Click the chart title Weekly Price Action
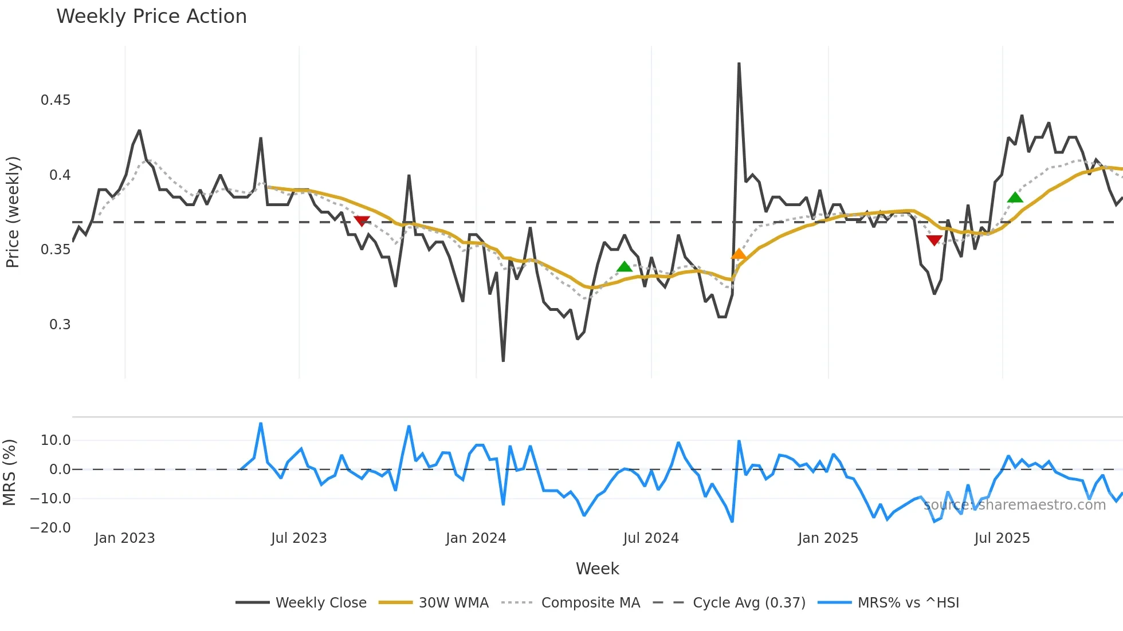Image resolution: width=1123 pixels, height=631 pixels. click(x=151, y=17)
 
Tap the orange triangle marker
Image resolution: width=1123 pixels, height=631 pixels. click(x=739, y=254)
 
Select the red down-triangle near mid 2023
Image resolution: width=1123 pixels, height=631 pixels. click(x=362, y=220)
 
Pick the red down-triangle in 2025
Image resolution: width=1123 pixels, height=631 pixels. click(x=934, y=240)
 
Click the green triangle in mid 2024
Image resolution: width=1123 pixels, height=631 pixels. click(x=624, y=266)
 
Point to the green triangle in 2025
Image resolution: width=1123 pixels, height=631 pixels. click(x=1015, y=198)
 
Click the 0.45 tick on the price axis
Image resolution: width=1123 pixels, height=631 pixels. click(x=56, y=100)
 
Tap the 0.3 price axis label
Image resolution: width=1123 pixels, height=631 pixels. click(x=60, y=325)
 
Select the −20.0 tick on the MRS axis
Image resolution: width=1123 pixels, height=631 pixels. click(x=50, y=528)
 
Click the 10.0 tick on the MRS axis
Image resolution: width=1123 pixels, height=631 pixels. click(x=56, y=440)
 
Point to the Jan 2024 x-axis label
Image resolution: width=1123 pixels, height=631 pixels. click(x=476, y=538)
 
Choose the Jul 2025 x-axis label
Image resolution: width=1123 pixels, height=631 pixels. click(x=1002, y=538)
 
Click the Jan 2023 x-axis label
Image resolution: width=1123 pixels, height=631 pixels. click(x=124, y=538)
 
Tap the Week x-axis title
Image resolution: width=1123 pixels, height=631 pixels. click(x=597, y=569)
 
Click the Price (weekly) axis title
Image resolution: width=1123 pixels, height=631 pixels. click(x=13, y=212)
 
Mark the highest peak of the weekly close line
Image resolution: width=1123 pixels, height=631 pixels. click(x=739, y=64)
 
